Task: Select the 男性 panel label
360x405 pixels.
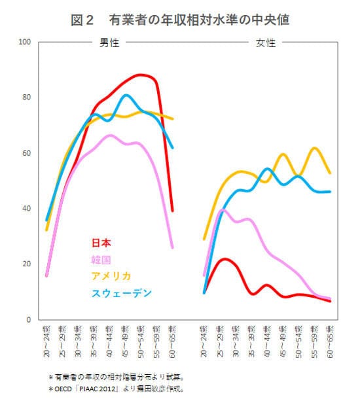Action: tap(108, 43)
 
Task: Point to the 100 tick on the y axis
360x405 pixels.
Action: tap(26, 43)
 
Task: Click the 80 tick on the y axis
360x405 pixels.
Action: tap(27, 98)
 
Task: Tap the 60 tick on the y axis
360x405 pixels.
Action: tap(27, 154)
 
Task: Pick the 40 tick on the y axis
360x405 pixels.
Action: tap(27, 209)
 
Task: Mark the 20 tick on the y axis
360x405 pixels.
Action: tap(27, 264)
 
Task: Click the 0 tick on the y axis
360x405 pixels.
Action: tap(29, 320)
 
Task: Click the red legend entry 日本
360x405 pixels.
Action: tap(101, 243)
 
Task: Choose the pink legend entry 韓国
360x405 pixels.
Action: tap(101, 259)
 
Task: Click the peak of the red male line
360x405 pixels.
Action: tap(141, 75)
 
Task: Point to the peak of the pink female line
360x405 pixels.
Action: tap(222, 210)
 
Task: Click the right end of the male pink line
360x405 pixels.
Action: tap(172, 247)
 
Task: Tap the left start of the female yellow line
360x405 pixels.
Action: tap(204, 239)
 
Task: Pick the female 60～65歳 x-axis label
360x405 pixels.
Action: tap(330, 340)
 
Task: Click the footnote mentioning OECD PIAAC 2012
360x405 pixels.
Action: tap(117, 388)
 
